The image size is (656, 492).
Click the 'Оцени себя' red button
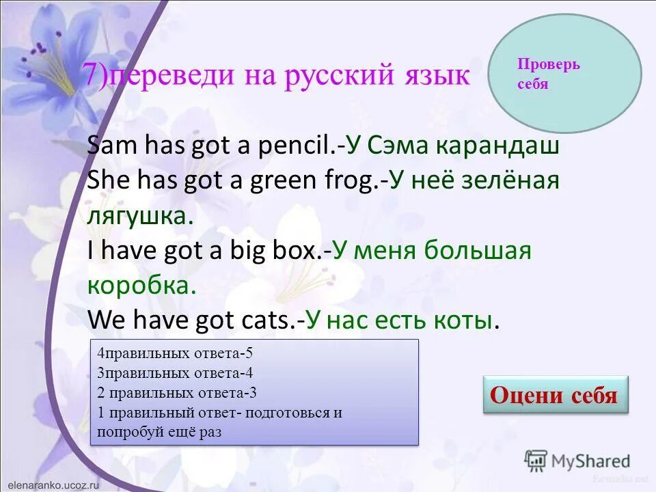coord(555,395)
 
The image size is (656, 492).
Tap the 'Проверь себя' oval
coord(566,74)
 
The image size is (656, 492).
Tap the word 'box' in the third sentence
coord(295,251)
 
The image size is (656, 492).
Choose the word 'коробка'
coord(141,286)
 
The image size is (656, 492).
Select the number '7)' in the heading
coord(97,75)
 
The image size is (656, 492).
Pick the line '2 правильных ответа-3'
coord(178,392)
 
